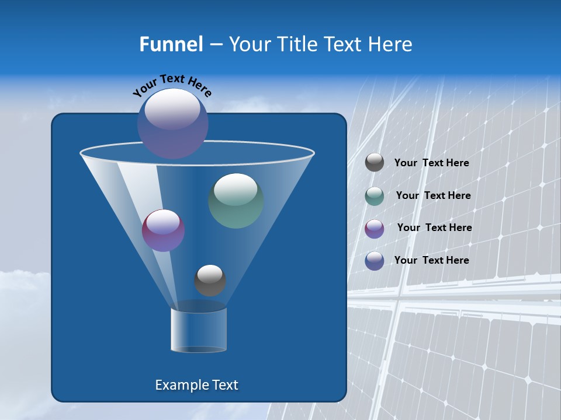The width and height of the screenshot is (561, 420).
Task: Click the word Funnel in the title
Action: click(171, 44)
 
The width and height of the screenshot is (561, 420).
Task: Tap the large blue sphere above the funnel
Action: click(173, 124)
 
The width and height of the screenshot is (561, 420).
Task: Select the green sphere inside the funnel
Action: click(236, 201)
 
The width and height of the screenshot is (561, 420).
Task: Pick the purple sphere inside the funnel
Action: click(164, 230)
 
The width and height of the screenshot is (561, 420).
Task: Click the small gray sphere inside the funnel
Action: click(210, 281)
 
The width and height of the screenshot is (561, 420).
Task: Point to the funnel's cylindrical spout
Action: click(199, 330)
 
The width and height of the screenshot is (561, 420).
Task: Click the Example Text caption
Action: click(196, 385)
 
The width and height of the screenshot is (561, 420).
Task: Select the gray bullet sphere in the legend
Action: click(375, 163)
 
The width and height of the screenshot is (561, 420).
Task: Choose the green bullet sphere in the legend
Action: click(375, 196)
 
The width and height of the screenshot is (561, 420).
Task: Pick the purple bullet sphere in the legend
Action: click(375, 229)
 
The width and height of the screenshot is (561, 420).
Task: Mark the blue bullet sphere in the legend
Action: click(375, 261)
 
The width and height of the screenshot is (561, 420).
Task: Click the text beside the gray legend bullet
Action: click(431, 163)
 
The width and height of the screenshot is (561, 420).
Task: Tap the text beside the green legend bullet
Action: click(433, 196)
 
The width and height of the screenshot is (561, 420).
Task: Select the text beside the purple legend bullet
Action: click(434, 228)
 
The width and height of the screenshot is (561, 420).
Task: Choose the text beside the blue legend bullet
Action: click(431, 260)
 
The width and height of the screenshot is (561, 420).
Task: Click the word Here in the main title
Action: click(392, 44)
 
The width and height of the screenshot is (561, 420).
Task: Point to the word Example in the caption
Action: click(181, 385)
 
